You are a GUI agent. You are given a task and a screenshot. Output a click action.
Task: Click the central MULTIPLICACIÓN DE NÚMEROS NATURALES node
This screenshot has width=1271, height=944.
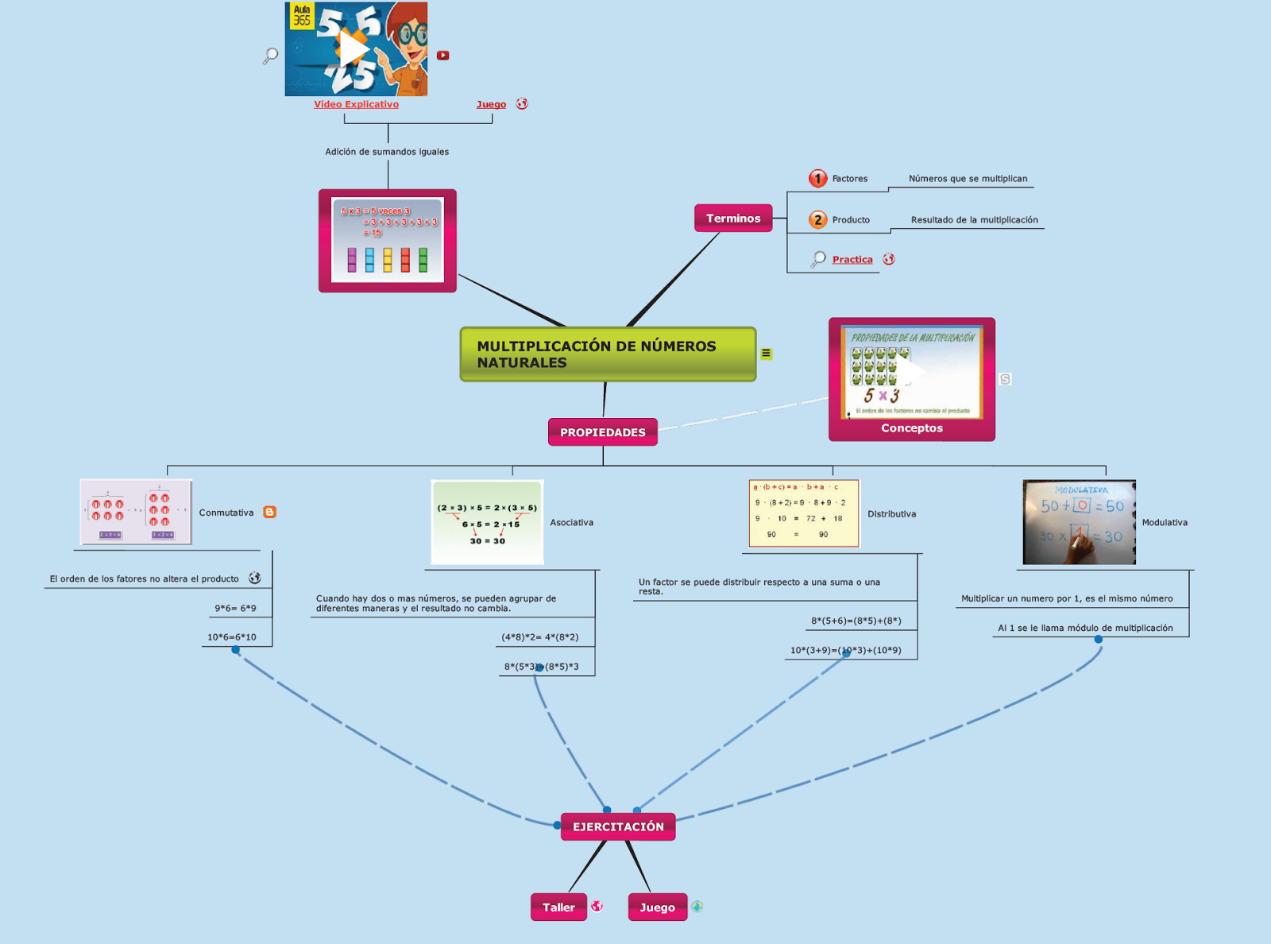pyautogui.click(x=608, y=354)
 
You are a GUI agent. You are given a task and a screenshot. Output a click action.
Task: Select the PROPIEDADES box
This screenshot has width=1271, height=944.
pyautogui.click(x=603, y=432)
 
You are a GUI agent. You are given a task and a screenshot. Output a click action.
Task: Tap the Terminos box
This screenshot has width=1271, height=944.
pyautogui.click(x=733, y=219)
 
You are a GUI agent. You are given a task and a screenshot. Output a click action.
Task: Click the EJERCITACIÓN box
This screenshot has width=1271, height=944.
pyautogui.click(x=618, y=826)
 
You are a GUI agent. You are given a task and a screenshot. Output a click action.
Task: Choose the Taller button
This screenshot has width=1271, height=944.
pyautogui.click(x=558, y=907)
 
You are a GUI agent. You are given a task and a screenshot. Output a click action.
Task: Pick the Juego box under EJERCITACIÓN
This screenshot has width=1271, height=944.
pyautogui.click(x=657, y=907)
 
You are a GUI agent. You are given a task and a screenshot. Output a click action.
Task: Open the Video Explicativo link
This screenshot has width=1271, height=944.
pyautogui.click(x=356, y=104)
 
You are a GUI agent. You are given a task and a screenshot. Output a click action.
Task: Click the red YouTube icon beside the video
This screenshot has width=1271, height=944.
pyautogui.click(x=443, y=56)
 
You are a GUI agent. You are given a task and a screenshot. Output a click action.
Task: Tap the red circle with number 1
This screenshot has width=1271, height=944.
pyautogui.click(x=817, y=179)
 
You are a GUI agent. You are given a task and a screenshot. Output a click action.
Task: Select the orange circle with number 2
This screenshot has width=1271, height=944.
pyautogui.click(x=817, y=220)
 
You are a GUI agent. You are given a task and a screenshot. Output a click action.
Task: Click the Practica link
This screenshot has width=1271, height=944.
pyautogui.click(x=852, y=260)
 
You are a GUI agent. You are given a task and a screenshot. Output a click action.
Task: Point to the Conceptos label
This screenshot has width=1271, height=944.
pyautogui.click(x=912, y=428)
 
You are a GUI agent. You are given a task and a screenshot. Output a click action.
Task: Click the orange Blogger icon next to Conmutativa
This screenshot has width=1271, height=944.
pyautogui.click(x=270, y=513)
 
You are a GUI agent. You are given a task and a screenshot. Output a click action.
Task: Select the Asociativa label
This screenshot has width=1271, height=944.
pyautogui.click(x=572, y=523)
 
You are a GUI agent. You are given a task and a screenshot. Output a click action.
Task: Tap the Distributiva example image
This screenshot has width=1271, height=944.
pyautogui.click(x=804, y=513)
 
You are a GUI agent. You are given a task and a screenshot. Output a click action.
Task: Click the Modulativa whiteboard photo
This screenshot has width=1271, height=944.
pyautogui.click(x=1079, y=522)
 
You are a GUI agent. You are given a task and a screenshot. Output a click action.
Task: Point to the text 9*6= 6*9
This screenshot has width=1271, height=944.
pyautogui.click(x=235, y=609)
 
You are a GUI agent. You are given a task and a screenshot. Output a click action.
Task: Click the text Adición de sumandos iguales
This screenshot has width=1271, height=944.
pyautogui.click(x=387, y=152)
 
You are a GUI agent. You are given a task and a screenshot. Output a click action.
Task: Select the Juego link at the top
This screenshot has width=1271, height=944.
pyautogui.click(x=491, y=105)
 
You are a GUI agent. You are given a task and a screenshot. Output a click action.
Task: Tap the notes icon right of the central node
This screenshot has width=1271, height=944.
pyautogui.click(x=767, y=354)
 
